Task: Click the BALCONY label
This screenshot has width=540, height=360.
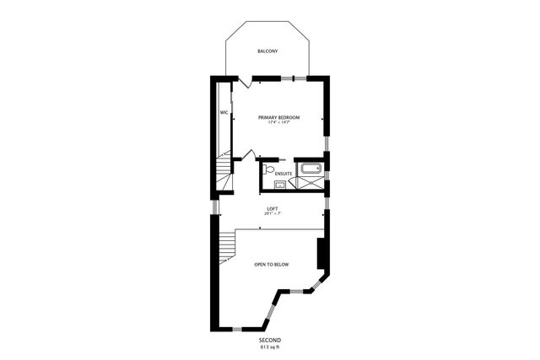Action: coord(267,51)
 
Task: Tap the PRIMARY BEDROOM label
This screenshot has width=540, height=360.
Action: coord(278,116)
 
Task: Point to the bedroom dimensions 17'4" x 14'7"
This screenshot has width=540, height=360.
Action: coord(278,123)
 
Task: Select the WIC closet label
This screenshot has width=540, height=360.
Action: coord(224,112)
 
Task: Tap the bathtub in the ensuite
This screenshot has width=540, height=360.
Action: coord(310,168)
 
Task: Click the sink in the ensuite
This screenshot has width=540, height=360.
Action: coord(280,184)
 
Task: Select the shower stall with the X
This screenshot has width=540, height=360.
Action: coord(310,182)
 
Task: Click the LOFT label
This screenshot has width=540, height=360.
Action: coord(273,208)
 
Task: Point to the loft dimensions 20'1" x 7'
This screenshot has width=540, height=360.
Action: coord(273,214)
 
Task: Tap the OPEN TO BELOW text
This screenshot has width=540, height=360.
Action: coord(272,265)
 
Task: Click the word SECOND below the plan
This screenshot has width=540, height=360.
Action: coord(270,339)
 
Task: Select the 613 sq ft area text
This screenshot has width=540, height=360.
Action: coord(270,347)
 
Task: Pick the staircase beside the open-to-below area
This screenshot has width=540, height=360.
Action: coord(225,246)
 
